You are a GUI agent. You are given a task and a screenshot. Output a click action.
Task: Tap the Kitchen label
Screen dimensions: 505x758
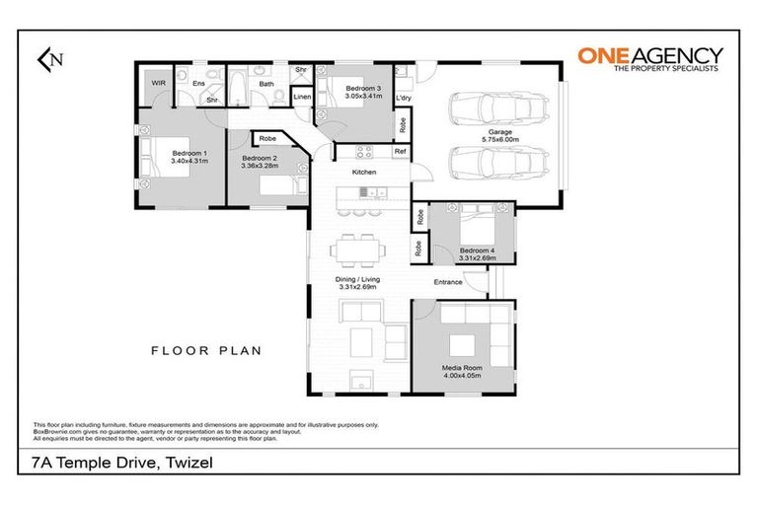coord(365,173)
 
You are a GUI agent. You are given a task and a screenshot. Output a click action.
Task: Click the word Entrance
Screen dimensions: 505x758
coord(450,283)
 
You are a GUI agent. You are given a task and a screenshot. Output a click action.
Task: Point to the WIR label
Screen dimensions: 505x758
coord(158,84)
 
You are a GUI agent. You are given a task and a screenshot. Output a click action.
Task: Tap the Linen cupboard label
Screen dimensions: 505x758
coord(302,97)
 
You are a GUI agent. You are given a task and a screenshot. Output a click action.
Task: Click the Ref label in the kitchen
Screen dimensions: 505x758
coord(400,151)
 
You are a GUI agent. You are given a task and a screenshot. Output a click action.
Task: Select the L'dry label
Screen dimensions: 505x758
coord(403,99)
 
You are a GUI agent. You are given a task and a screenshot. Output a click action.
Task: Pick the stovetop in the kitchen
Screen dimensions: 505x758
coord(363,152)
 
